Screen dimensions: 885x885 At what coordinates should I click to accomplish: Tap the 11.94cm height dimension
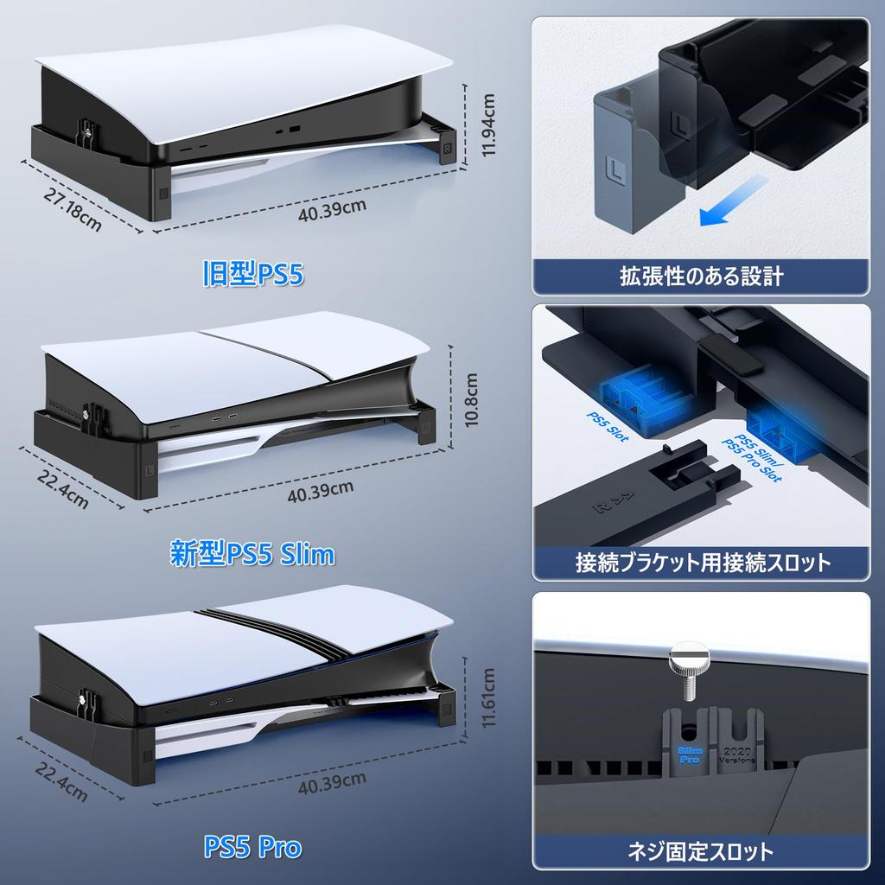[x=489, y=125]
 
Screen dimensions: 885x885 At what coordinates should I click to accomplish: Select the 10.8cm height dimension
[x=471, y=400]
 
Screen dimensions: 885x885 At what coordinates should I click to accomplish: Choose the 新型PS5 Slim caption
[x=253, y=553]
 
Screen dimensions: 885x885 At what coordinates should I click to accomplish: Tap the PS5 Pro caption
[x=252, y=847]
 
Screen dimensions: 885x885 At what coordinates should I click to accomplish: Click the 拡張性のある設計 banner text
[x=700, y=277]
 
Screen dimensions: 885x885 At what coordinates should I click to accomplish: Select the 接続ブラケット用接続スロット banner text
[x=702, y=563]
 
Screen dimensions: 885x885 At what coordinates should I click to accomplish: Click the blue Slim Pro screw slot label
[x=690, y=753]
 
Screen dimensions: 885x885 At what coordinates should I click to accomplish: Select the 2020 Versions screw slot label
[x=741, y=754]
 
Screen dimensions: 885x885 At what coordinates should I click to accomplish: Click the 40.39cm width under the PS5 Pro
[x=332, y=785]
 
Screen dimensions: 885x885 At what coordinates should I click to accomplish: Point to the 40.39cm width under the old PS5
[x=332, y=207]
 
